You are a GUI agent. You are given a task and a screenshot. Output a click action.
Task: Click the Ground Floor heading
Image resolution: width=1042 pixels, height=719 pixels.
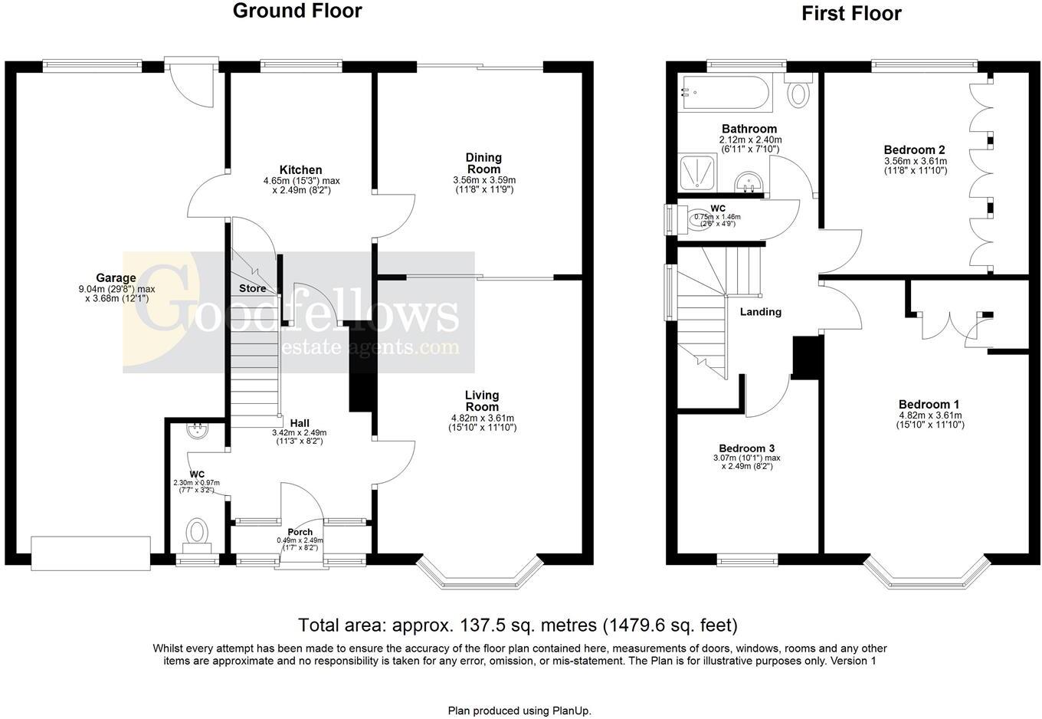pos(297,11)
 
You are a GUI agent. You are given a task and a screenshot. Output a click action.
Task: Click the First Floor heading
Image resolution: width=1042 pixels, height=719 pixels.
pos(851,14)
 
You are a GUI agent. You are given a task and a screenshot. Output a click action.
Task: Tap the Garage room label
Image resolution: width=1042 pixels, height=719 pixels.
pos(116,277)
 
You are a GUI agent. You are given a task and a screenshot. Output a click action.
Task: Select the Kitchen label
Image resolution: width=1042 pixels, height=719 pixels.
pos(300,170)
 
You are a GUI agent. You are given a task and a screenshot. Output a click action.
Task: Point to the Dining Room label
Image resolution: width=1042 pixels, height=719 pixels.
pos(483,163)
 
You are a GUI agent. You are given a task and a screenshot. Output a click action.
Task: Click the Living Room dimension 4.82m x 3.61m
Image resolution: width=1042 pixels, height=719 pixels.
pos(483,419)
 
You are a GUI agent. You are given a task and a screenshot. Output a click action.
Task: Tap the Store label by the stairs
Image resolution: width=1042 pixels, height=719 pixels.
pos(253,288)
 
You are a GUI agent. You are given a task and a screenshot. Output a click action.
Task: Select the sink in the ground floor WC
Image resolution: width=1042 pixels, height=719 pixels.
pos(198,430)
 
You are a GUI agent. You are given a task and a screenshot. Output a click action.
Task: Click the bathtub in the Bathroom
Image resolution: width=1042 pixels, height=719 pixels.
pos(726,93)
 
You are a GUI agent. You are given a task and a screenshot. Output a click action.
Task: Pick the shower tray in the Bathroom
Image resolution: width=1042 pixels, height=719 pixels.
pos(698,172)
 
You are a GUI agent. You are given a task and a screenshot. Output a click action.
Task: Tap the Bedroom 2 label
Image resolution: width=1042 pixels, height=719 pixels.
pos(915,149)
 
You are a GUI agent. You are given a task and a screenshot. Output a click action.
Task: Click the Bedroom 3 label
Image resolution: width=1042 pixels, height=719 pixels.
pos(746,448)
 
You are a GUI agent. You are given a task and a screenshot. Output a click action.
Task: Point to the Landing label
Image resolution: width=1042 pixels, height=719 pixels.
pos(761,312)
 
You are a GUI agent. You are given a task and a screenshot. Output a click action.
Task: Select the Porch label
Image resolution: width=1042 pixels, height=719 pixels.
pos(300,532)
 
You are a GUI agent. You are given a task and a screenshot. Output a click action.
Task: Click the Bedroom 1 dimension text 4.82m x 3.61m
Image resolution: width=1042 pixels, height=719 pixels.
pos(930,415)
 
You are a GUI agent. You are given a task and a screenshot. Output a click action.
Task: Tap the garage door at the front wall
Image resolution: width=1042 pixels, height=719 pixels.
pos(90,553)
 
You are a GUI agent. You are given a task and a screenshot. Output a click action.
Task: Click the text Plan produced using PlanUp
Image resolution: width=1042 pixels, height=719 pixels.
pos(519,711)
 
